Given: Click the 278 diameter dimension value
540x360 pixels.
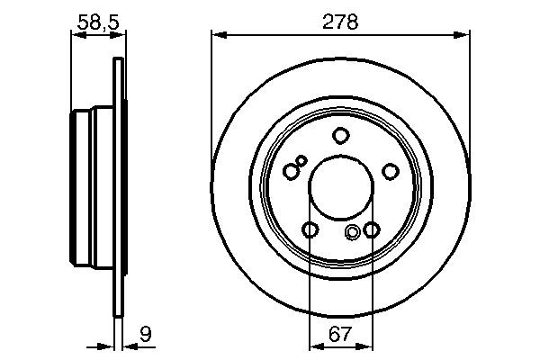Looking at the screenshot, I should point(340,22).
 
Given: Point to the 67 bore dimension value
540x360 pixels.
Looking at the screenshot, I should point(340,334).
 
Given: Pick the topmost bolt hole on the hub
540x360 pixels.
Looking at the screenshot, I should point(340,136).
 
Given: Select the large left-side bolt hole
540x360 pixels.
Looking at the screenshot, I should point(290,171).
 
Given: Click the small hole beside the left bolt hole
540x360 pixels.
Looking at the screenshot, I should point(301,161).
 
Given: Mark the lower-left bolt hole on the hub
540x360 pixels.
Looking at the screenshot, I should point(310,231).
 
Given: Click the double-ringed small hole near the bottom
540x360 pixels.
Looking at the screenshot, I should point(353,234).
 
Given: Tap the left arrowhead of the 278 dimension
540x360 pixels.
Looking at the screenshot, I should point(217,35).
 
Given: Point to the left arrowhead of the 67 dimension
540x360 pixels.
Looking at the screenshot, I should point(314,345).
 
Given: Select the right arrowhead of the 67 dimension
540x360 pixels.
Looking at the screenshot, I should point(366,345).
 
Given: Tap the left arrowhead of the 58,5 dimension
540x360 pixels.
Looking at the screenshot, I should point(76,35).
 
